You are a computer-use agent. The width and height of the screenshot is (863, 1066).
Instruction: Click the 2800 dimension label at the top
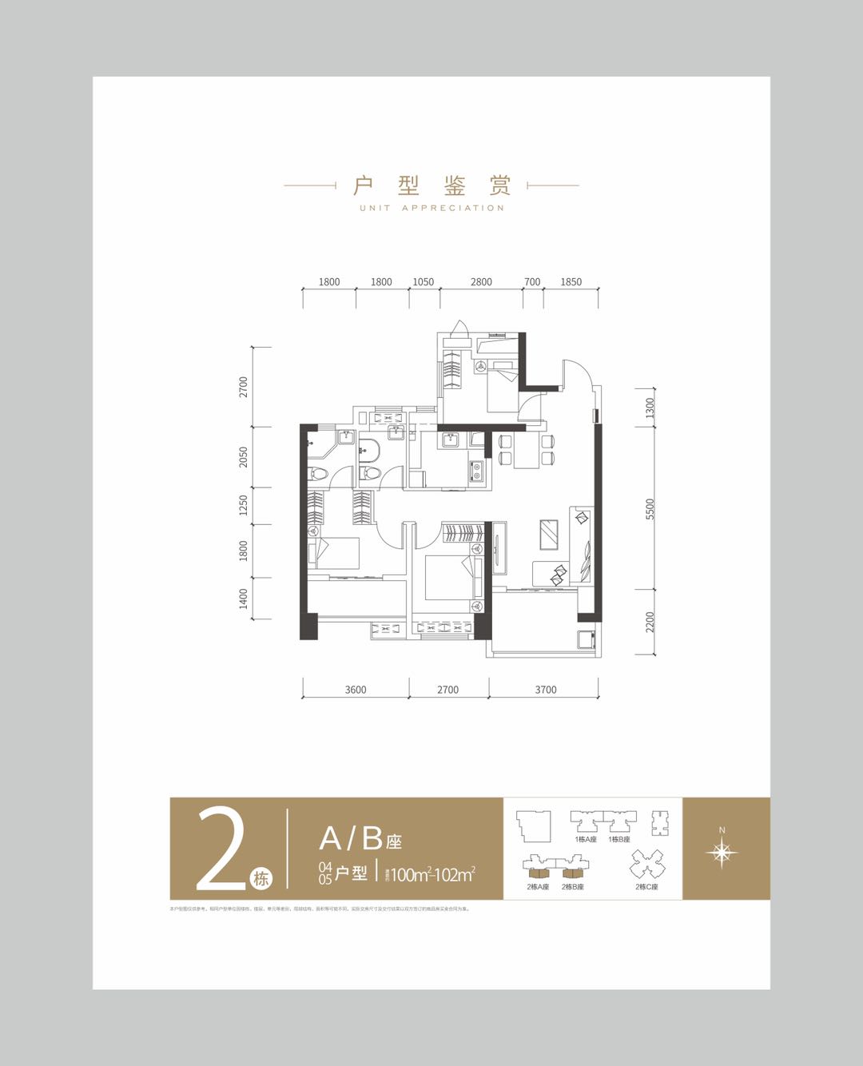tap(481, 282)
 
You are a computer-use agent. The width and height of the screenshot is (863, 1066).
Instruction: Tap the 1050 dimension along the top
tap(423, 282)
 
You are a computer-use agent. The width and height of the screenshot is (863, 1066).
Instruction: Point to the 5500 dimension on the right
tap(650, 509)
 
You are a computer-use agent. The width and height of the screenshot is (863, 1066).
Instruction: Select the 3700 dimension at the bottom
tap(546, 690)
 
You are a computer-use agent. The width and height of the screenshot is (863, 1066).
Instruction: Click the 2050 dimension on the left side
tap(244, 457)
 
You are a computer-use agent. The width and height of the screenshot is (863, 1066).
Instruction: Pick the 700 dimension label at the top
tap(532, 282)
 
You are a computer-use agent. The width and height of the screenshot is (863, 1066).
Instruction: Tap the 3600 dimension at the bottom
tap(356, 690)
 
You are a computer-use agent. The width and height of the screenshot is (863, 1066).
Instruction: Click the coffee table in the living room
tap(550, 534)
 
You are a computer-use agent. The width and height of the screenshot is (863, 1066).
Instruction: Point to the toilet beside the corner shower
tap(319, 472)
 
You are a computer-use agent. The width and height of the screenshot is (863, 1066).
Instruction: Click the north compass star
tap(722, 853)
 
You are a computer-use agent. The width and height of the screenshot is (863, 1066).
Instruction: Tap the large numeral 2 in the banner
tap(221, 849)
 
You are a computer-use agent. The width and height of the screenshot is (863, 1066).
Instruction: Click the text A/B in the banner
tap(351, 838)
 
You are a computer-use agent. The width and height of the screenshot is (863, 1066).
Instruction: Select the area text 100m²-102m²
tap(432, 874)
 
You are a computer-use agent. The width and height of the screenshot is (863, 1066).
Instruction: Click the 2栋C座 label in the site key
tap(646, 887)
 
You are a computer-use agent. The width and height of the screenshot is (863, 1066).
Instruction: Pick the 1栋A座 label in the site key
tap(586, 839)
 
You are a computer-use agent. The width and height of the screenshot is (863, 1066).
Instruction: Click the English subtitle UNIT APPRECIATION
tap(431, 208)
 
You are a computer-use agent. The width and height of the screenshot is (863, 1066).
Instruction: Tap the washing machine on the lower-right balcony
tap(586, 639)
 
